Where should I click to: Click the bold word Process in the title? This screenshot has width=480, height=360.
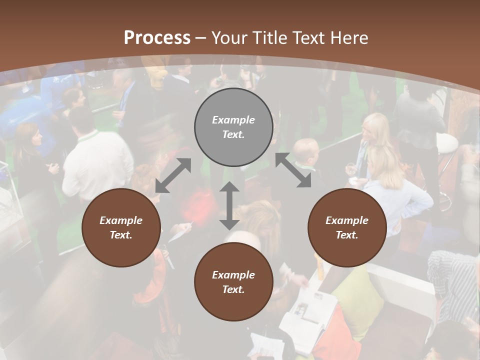(157, 37)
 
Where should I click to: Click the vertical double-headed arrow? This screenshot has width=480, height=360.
(229, 205)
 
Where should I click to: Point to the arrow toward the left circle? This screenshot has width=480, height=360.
(173, 175)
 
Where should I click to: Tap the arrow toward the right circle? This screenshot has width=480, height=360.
(293, 170)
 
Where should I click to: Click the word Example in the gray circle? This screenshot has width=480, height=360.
(233, 120)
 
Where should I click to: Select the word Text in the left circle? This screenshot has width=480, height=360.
(121, 235)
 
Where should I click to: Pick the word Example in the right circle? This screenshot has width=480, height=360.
(347, 220)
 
